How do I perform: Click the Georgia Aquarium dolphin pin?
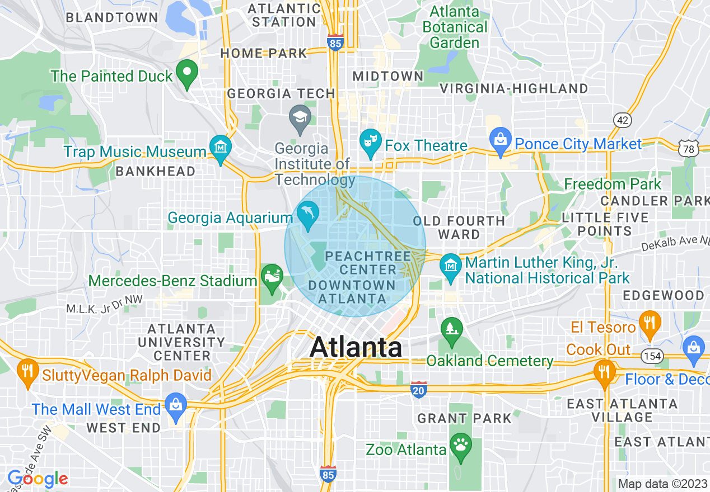click(308, 214)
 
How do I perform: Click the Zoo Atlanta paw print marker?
click(461, 446)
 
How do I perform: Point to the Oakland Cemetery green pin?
click(451, 329)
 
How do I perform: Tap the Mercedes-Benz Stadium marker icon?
click(272, 277)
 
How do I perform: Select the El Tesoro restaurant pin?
click(650, 323)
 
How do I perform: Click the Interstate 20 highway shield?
click(418, 390)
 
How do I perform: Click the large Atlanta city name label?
click(356, 347)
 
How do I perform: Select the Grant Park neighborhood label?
click(464, 418)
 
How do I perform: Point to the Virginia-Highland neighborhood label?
click(513, 88)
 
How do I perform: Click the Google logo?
click(38, 479)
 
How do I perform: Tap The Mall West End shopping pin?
click(176, 406)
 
